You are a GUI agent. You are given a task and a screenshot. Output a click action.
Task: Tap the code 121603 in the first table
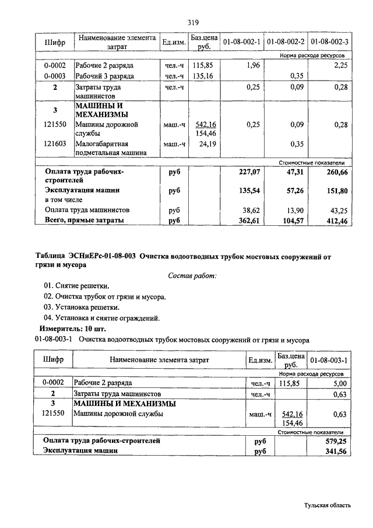55,144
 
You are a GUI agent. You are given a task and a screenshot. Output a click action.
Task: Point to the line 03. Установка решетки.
82,307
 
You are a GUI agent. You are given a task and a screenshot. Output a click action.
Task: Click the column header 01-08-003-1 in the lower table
329,360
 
